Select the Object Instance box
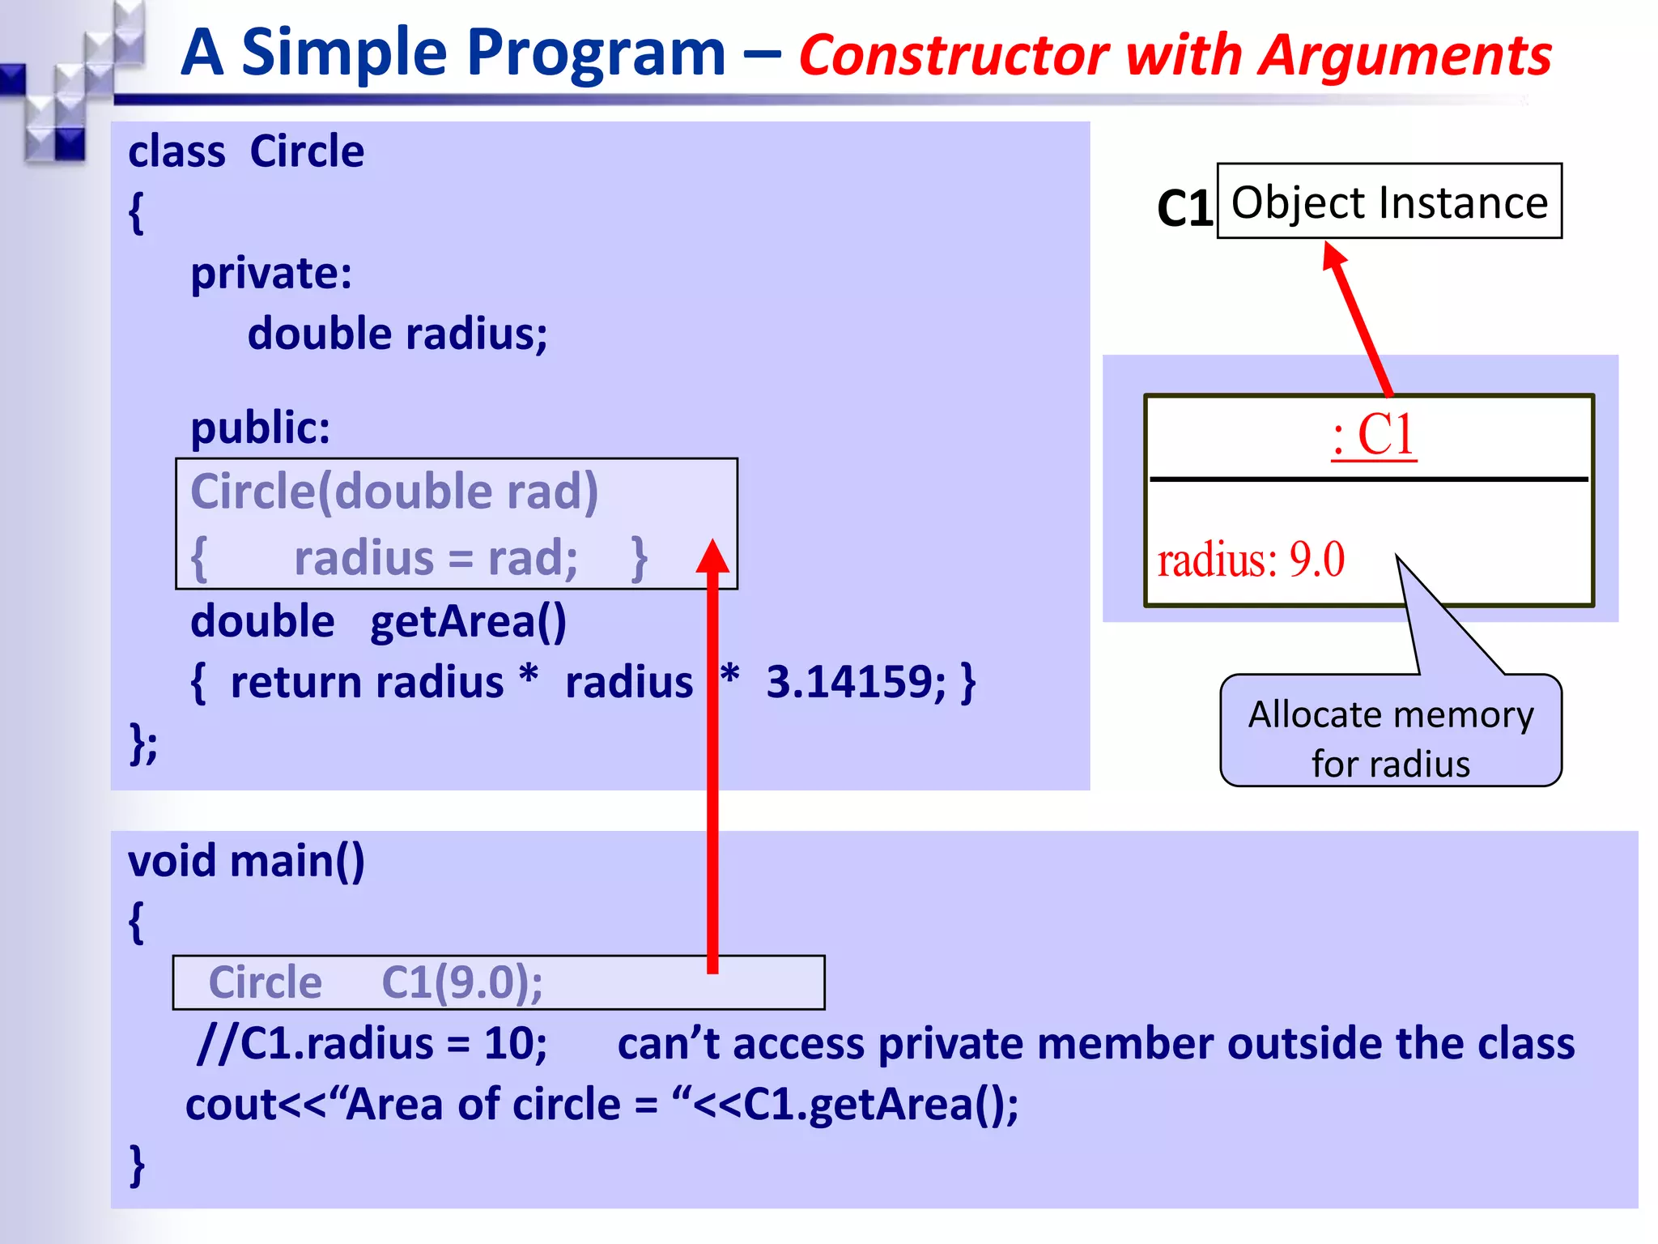[x=1389, y=202]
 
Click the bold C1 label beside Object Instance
[x=1184, y=208]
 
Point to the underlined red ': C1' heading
[x=1374, y=435]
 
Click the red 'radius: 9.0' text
[x=1251, y=560]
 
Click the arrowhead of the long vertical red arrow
[x=712, y=556]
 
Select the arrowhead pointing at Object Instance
[x=1333, y=254]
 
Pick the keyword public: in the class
[x=261, y=427]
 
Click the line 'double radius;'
[x=397, y=334]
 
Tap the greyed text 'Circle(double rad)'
[x=394, y=492]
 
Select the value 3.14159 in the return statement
[x=855, y=682]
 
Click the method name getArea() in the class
[x=468, y=621]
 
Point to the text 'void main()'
[x=246, y=860]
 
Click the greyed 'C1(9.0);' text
[x=461, y=982]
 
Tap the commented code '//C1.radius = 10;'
[x=372, y=1043]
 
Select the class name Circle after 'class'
[x=307, y=151]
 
